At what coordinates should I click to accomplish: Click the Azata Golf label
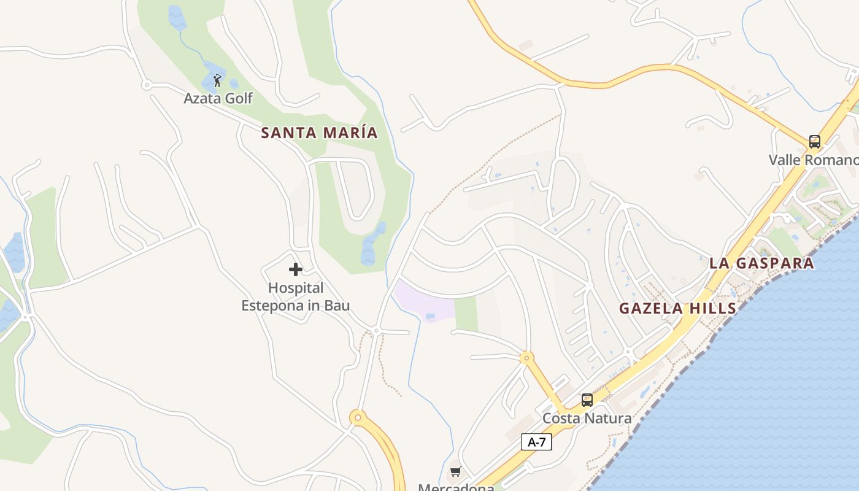[218, 98]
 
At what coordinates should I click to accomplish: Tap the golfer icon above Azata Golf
[217, 80]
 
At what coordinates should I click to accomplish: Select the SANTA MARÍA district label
[319, 133]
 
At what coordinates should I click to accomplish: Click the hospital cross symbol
[296, 269]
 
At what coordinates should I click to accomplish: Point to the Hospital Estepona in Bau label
[296, 296]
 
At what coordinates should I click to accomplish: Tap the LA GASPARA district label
[761, 263]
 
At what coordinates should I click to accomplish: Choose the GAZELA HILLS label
[677, 308]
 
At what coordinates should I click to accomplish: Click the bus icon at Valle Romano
[814, 142]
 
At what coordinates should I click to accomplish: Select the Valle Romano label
[813, 160]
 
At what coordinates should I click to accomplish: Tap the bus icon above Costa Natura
[587, 400]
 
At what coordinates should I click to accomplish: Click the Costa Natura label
[587, 419]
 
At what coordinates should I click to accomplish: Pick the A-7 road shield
[536, 442]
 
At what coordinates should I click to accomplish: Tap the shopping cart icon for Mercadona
[455, 471]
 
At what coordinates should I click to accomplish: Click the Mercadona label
[456, 487]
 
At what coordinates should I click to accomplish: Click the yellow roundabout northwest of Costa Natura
[526, 357]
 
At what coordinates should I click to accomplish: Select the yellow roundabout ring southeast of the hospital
[358, 418]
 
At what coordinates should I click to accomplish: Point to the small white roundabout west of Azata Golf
[146, 85]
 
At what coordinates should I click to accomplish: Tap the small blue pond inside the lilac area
[430, 317]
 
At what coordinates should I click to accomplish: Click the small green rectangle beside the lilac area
[466, 313]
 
